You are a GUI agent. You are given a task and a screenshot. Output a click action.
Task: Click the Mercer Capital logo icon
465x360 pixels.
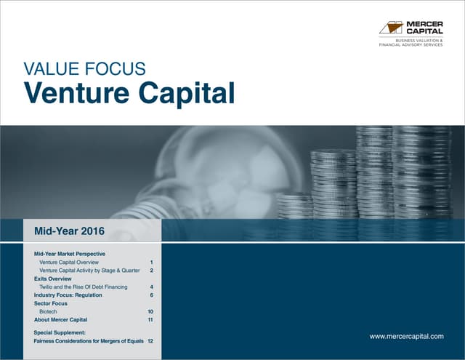click(392, 28)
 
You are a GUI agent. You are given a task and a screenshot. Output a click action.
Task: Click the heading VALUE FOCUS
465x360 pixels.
click(85, 70)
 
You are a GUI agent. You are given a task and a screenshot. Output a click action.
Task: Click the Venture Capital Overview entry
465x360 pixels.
click(69, 261)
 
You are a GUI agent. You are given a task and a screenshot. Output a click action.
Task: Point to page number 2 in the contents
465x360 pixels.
click(151, 270)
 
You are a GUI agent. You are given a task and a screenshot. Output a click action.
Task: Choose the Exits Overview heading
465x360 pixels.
click(53, 279)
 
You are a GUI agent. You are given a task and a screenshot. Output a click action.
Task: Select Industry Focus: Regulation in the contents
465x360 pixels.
click(68, 295)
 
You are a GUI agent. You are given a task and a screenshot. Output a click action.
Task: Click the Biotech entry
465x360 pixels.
click(48, 311)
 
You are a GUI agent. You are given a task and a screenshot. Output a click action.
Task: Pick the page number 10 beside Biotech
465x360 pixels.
click(150, 311)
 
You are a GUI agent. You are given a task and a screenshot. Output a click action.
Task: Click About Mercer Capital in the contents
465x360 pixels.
click(61, 320)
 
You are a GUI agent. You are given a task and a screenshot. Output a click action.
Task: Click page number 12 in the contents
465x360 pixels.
click(150, 340)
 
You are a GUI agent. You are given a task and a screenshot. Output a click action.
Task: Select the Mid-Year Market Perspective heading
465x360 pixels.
click(70, 252)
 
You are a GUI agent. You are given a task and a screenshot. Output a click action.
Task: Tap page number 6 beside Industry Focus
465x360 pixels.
click(151, 295)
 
